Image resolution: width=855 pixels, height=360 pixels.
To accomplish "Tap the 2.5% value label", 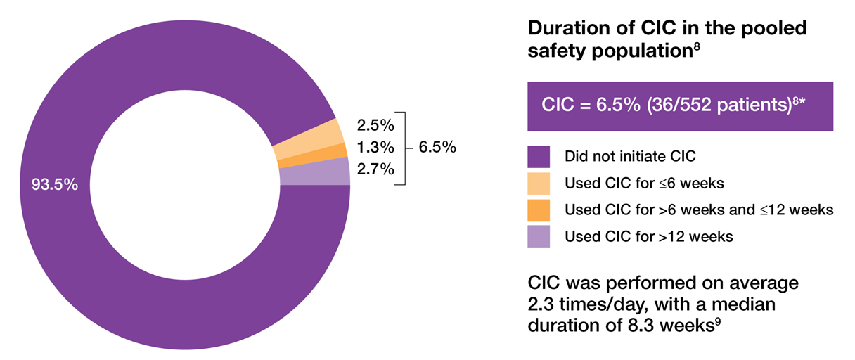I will click(375, 126).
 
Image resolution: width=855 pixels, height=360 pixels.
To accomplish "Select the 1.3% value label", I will click(375, 148).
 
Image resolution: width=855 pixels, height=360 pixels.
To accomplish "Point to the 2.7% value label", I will click(375, 169).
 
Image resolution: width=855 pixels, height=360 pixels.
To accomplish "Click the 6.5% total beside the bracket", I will click(437, 148).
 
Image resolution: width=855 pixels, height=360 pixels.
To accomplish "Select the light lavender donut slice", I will click(314, 172).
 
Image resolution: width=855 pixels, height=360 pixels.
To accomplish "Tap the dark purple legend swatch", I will click(539, 156).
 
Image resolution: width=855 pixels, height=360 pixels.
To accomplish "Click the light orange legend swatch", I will click(539, 183).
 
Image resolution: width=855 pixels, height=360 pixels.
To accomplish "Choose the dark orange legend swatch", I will click(539, 210).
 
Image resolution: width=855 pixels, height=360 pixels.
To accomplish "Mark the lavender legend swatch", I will click(539, 236).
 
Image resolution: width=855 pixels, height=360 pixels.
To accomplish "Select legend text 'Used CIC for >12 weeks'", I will click(649, 236).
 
